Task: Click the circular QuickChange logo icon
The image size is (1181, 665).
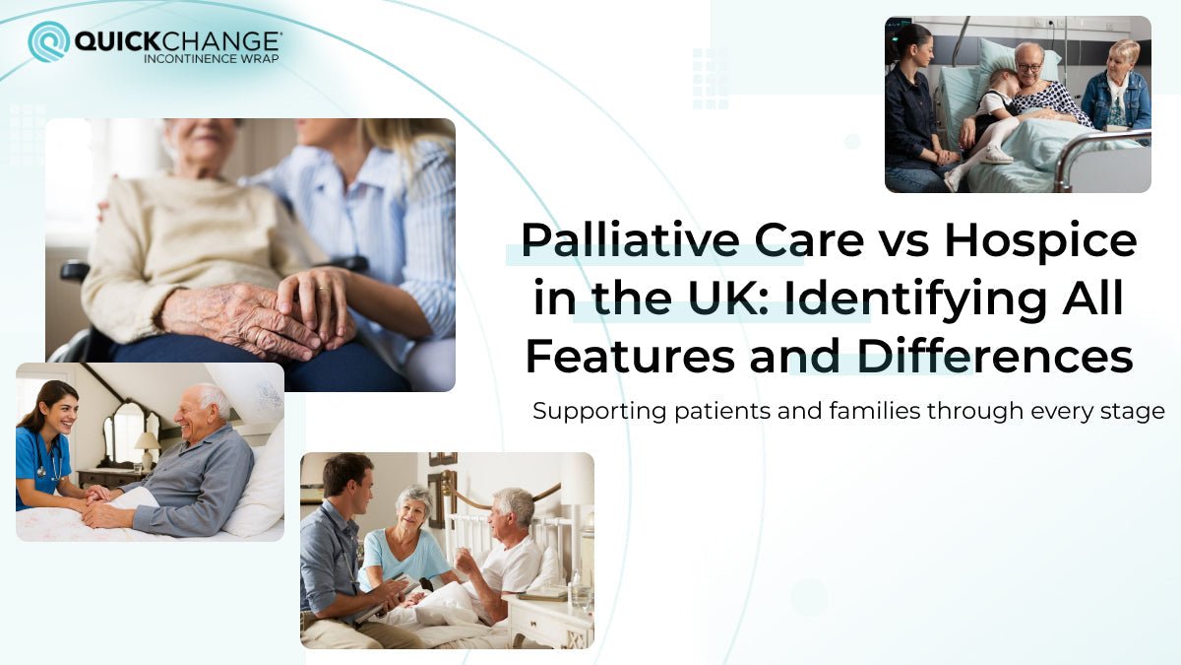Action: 48,41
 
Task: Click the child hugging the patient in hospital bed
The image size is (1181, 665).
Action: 988,118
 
